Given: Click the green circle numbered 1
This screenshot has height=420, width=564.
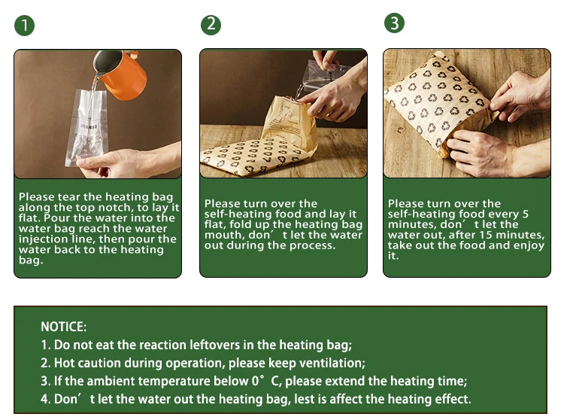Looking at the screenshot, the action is click(25, 26).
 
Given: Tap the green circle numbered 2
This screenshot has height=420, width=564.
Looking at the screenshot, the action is click(211, 25).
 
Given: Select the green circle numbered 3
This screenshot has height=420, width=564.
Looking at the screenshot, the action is click(394, 23).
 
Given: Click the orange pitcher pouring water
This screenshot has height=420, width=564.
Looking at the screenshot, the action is click(120, 74).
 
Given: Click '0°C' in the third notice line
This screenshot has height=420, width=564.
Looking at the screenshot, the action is click(266, 381).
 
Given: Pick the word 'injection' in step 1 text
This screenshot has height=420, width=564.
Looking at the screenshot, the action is click(39, 239).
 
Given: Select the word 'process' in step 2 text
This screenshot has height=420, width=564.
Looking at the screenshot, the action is click(312, 246).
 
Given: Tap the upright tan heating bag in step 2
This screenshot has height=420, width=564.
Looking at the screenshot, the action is click(289, 123).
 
